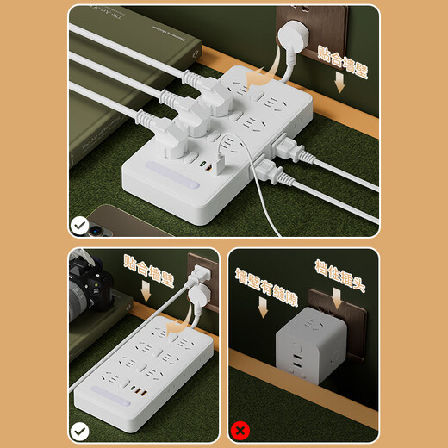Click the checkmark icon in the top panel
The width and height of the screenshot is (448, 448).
79,227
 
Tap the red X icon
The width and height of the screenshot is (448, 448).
241,428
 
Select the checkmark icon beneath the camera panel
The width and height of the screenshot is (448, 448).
79,428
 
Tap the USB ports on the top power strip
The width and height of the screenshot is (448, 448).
204,165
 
